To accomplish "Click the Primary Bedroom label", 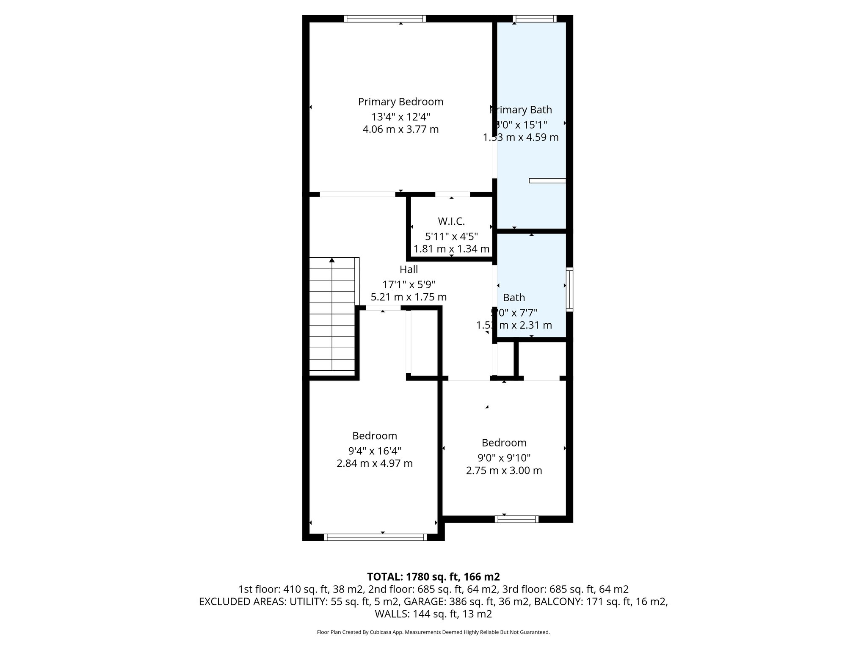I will (400, 102).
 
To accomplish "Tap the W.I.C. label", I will (451, 221).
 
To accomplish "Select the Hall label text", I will (409, 270).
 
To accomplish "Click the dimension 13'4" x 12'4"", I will (400, 116).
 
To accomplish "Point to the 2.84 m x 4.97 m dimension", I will (375, 464).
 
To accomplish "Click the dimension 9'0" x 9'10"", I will (504, 458).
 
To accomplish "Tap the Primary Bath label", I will (521, 110).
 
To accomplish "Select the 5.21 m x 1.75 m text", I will (409, 297).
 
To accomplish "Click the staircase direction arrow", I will (332, 260).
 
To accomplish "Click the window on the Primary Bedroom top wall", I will (384, 19).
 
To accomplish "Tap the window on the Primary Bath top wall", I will (534, 19).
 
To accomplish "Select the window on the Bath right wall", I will (570, 289).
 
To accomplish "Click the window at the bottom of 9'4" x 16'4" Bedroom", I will (375, 537).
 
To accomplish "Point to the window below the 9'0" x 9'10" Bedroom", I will (516, 519).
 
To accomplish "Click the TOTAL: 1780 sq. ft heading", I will (433, 577).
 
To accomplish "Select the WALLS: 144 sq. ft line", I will (433, 614).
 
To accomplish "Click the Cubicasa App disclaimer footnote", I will (433, 632).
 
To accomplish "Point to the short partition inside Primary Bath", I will (547, 181).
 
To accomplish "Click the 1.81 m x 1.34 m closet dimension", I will (451, 249).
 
